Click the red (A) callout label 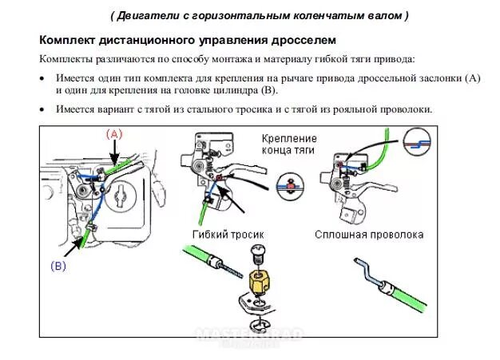[113, 134]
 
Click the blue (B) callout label [58, 266]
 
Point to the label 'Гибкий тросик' [227, 235]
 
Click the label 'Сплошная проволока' [368, 235]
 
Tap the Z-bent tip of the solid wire [362, 264]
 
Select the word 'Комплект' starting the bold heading [68, 39]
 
